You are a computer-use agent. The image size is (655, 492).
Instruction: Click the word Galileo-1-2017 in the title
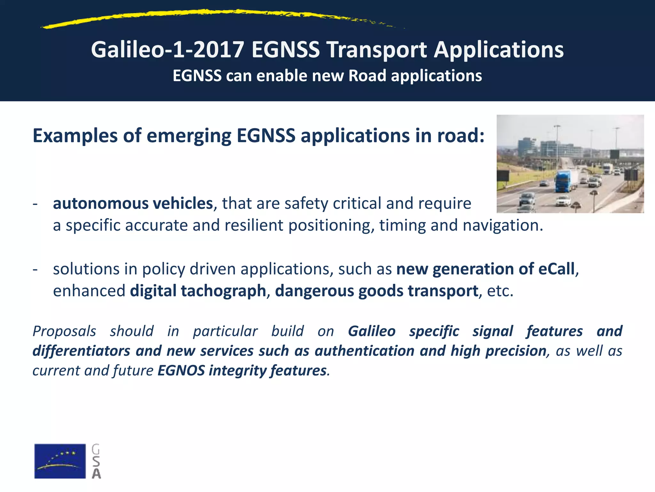coord(168,50)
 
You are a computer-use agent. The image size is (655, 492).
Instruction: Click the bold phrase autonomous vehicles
coord(133,203)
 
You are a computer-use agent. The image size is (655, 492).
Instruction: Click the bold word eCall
coord(556,269)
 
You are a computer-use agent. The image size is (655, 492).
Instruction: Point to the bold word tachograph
coord(223,291)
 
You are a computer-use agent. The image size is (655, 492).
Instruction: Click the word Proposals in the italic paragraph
coord(64,331)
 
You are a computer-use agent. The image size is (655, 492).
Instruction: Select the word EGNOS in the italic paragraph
coord(181,371)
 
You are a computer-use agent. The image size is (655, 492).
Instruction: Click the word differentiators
coord(81,351)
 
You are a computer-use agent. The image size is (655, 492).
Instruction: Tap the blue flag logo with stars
coord(60,461)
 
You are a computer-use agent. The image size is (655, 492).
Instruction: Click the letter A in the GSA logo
coord(96,473)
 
